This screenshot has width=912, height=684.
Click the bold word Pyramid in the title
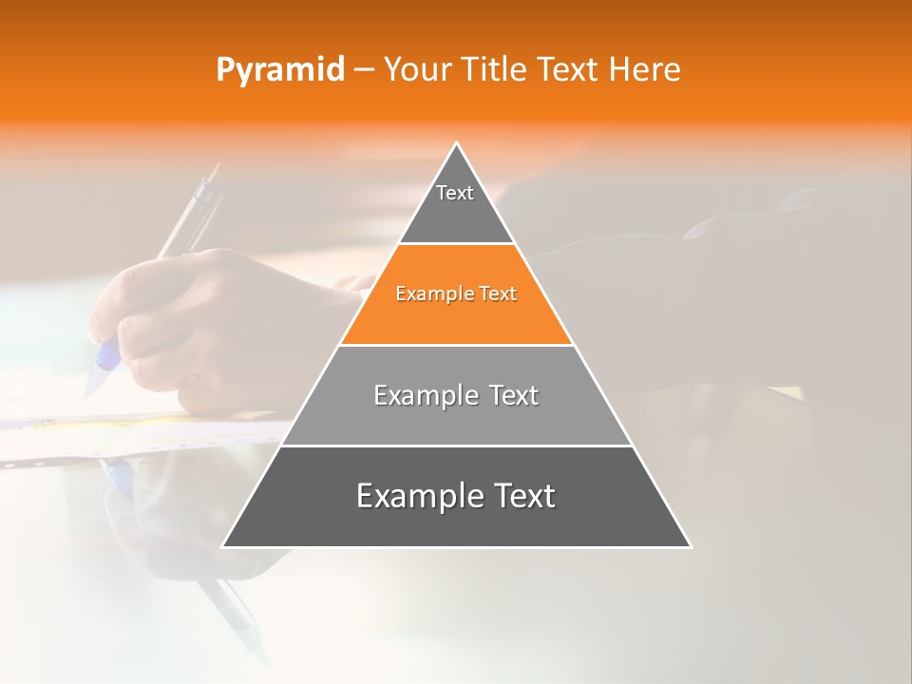pyautogui.click(x=279, y=70)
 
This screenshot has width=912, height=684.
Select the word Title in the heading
pyautogui.click(x=495, y=70)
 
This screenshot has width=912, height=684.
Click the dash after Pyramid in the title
pyautogui.click(x=364, y=70)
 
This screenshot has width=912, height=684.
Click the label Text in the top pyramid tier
pyautogui.click(x=455, y=193)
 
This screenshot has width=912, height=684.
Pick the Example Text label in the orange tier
pyautogui.click(x=456, y=294)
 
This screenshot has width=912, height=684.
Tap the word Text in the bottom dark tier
pyautogui.click(x=519, y=496)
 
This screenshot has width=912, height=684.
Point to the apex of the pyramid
pyautogui.click(x=456, y=144)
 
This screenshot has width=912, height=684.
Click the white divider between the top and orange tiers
pyautogui.click(x=456, y=244)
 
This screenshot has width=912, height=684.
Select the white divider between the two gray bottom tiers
pyautogui.click(x=456, y=446)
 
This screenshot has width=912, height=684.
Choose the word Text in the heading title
pyautogui.click(x=569, y=70)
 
